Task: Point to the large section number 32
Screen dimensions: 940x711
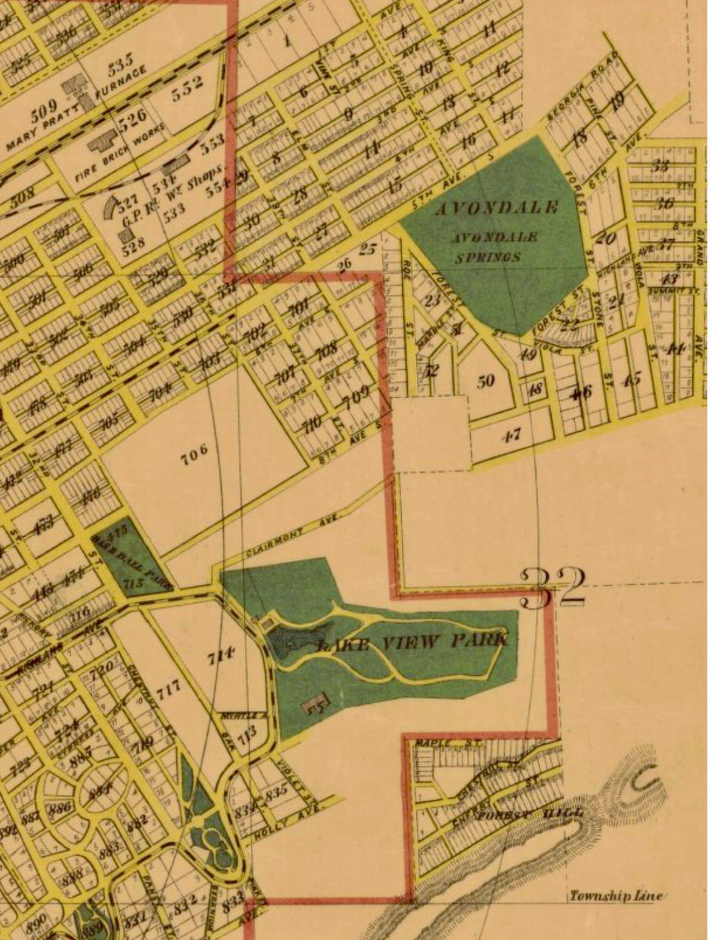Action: tap(553, 588)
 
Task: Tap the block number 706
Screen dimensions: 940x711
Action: tap(194, 452)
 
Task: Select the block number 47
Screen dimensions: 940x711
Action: tap(512, 435)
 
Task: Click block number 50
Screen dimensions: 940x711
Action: tap(486, 381)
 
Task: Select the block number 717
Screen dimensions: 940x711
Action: tap(168, 689)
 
